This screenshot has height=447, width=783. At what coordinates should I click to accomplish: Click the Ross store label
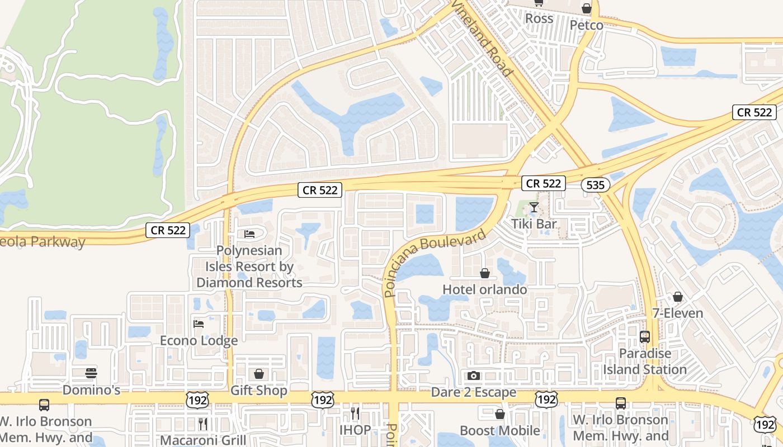539,18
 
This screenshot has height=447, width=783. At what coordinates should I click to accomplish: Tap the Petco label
586,25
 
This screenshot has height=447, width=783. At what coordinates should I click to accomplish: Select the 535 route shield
595,185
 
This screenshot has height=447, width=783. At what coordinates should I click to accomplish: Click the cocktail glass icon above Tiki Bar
534,208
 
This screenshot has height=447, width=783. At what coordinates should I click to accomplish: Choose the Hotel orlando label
484,289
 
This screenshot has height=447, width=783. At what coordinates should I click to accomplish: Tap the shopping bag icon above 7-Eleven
678,297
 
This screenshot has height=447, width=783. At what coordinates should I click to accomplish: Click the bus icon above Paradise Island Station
645,337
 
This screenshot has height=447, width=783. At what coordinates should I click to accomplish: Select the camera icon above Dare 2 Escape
474,375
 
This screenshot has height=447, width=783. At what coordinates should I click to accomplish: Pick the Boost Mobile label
499,430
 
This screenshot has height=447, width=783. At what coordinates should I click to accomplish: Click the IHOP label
355,430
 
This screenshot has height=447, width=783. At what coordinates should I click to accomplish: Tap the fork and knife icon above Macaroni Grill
203,424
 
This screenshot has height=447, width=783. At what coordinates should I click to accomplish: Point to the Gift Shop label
258,390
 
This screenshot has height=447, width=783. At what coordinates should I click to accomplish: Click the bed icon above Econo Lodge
199,324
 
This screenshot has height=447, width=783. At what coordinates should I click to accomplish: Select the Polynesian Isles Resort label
249,267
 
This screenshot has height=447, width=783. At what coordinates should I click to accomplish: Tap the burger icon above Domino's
91,373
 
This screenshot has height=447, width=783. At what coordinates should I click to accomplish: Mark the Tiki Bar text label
534,224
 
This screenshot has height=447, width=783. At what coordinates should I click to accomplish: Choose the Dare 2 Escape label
473,392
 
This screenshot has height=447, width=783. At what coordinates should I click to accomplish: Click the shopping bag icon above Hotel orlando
485,273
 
